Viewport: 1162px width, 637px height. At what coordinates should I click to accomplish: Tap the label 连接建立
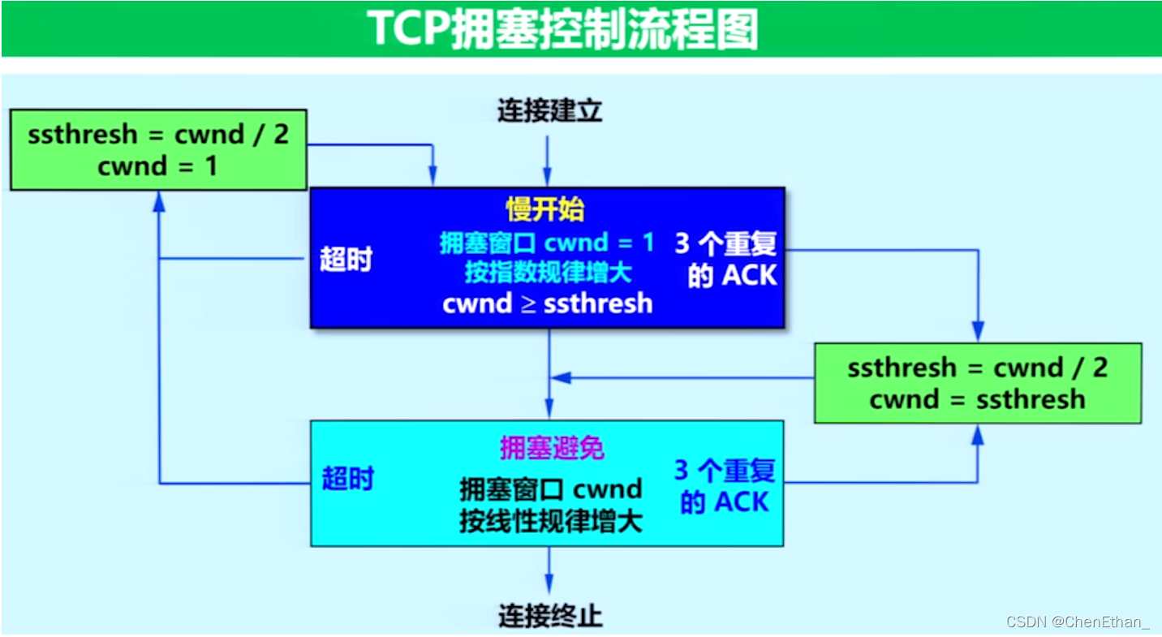549,111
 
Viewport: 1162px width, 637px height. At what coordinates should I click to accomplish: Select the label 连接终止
549,615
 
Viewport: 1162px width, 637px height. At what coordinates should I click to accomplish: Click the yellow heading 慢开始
544,209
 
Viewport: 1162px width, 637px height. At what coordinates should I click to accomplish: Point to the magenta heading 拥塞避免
552,448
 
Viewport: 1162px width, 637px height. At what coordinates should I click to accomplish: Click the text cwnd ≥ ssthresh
547,303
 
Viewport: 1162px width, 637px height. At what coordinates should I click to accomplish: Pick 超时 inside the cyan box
347,478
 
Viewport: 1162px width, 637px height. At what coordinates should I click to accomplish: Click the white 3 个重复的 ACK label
726,260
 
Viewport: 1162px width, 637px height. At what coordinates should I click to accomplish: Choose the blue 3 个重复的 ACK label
725,486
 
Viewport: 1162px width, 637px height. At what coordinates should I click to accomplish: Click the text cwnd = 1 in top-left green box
157,166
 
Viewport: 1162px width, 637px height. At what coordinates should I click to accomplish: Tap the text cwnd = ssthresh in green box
977,399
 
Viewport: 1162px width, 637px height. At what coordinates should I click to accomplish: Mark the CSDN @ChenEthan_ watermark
1077,622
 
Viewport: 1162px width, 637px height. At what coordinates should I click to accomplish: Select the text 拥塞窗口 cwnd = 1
547,243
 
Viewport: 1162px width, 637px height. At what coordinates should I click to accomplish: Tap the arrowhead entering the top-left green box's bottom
159,201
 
